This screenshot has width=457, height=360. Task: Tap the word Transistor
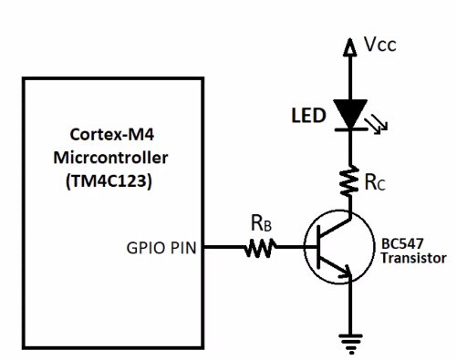point(414,258)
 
